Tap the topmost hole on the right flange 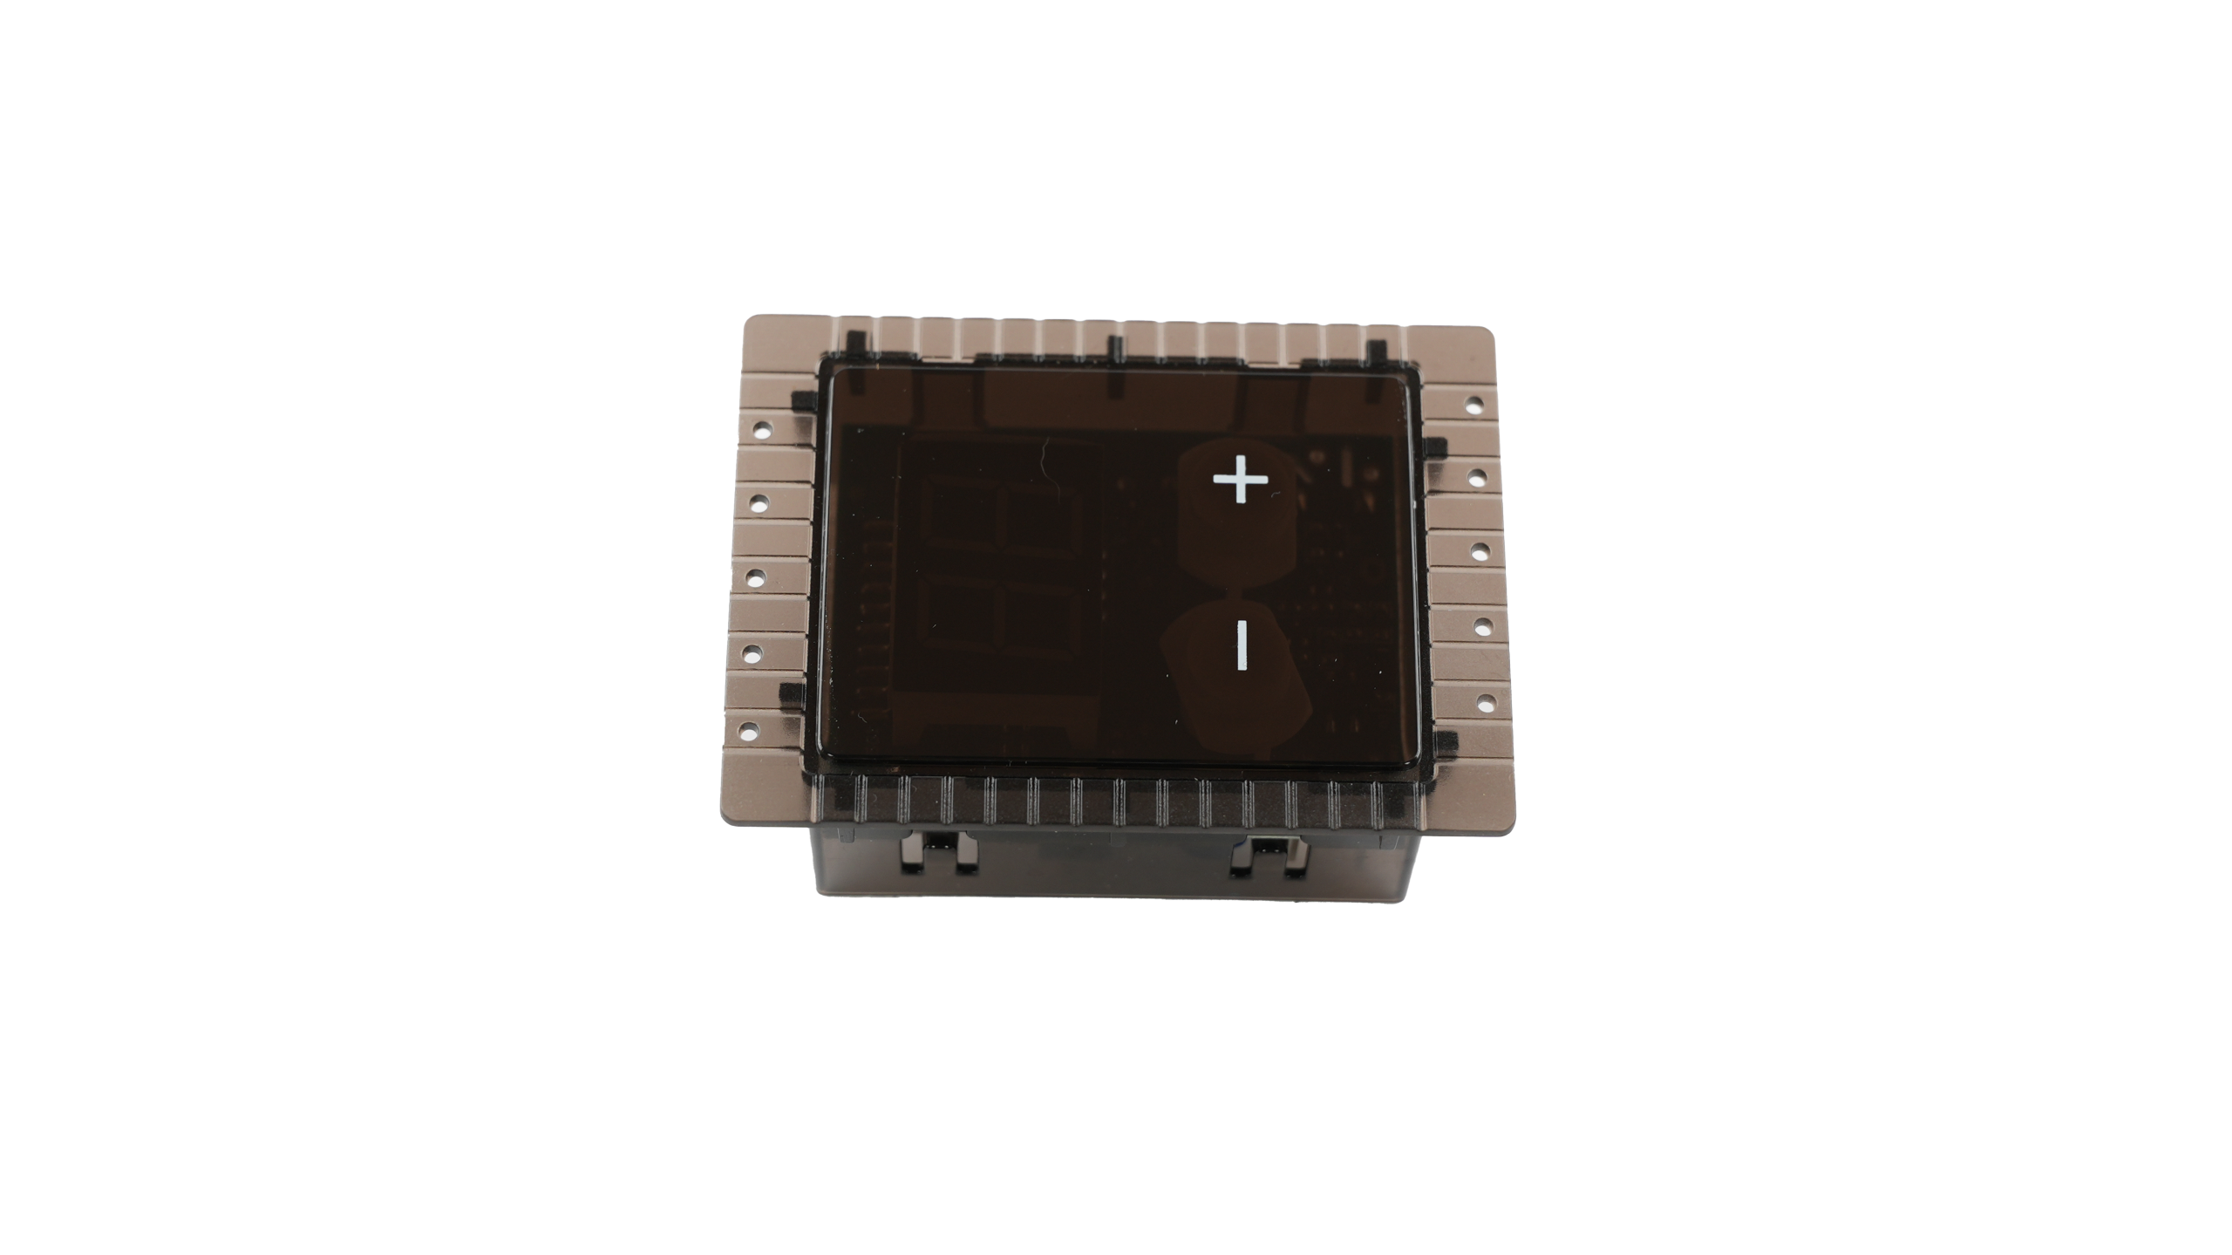(x=1474, y=405)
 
